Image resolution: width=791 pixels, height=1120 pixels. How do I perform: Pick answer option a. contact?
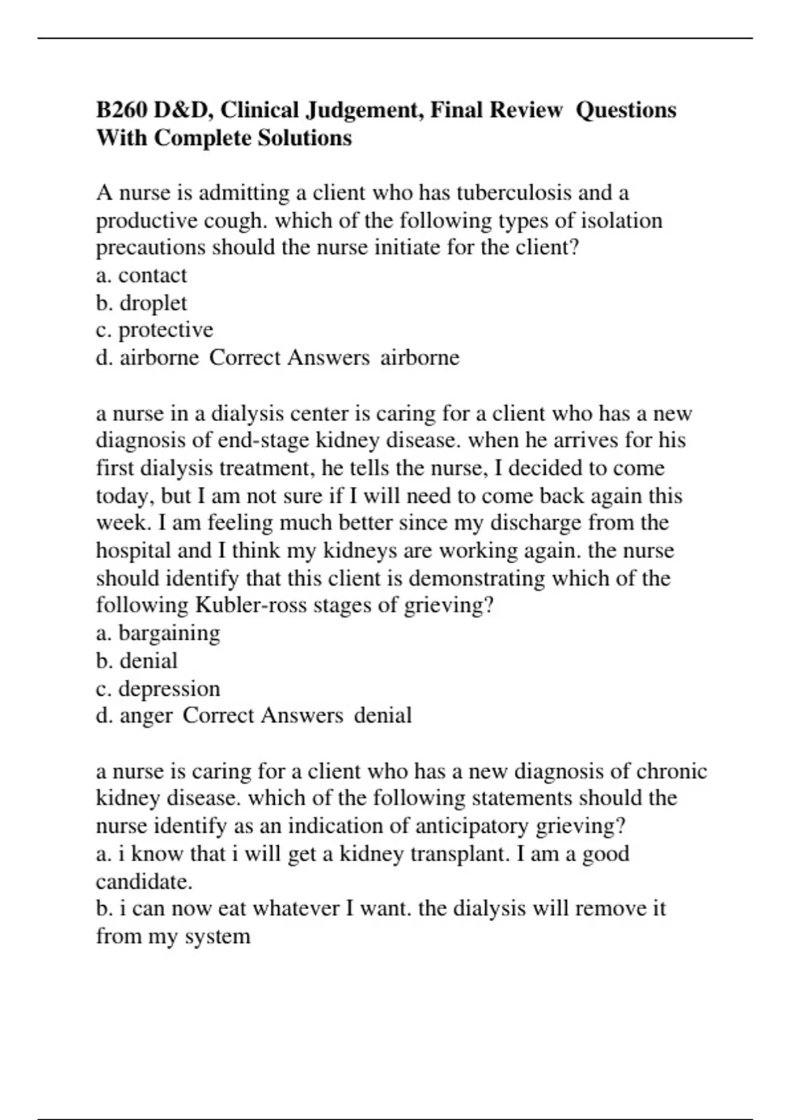pyautogui.click(x=141, y=275)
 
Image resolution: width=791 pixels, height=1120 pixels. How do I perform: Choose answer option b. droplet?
pyautogui.click(x=141, y=303)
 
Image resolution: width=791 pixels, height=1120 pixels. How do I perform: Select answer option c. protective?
pyautogui.click(x=154, y=330)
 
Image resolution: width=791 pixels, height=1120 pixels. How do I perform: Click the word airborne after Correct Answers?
pyautogui.click(x=420, y=358)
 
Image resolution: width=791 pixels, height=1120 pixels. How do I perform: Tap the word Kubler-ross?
pyautogui.click(x=250, y=605)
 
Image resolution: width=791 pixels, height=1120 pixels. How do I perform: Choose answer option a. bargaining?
pyautogui.click(x=158, y=633)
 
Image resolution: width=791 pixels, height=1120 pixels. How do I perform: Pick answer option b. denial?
pyautogui.click(x=136, y=661)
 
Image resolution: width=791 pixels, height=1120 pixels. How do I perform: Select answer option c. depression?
pyautogui.click(x=158, y=688)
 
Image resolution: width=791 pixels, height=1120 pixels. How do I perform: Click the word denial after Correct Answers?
pyautogui.click(x=383, y=715)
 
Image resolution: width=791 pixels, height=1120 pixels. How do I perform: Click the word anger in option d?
pyautogui.click(x=146, y=715)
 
